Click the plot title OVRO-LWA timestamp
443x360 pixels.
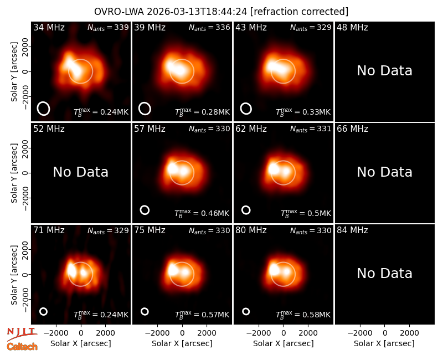click(221, 12)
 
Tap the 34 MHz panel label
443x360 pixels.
click(49, 27)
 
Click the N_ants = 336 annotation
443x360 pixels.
click(209, 27)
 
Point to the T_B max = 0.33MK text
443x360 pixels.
click(303, 112)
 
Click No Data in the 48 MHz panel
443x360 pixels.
click(384, 71)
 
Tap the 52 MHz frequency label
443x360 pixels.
click(49, 129)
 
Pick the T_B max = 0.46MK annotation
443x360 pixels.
click(202, 213)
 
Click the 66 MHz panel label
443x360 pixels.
click(352, 129)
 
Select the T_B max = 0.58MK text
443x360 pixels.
click(303, 315)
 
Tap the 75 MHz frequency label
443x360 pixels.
click(150, 230)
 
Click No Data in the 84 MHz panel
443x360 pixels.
click(384, 274)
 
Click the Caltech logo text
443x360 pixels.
click(22, 347)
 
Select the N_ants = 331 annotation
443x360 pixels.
click(311, 129)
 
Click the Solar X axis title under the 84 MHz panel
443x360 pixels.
click(384, 343)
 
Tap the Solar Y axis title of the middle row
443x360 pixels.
click(14, 173)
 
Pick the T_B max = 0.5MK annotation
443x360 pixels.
click(306, 213)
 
